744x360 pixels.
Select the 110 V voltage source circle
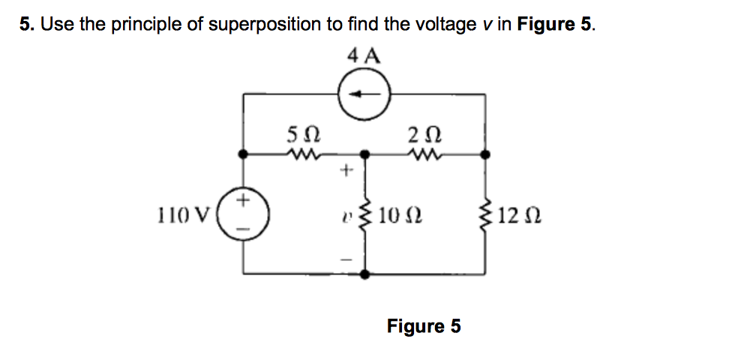(x=242, y=212)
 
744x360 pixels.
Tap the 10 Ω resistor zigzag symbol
(x=365, y=217)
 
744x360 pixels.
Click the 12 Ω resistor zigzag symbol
(x=486, y=217)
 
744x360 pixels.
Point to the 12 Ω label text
(x=517, y=217)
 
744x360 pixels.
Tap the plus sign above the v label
(x=346, y=171)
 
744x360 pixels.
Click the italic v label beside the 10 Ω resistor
(x=346, y=217)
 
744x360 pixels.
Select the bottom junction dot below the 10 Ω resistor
(x=365, y=274)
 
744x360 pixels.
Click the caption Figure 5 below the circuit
(x=424, y=326)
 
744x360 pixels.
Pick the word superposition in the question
(x=265, y=25)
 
